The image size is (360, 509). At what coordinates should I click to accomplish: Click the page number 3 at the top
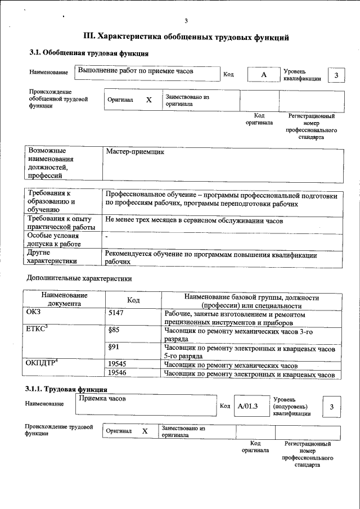(x=186, y=21)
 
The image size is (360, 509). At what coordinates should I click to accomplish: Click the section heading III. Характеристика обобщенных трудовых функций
(x=186, y=37)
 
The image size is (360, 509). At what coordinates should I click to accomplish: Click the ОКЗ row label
(x=34, y=313)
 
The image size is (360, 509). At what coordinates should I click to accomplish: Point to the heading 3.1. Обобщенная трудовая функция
(x=88, y=53)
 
